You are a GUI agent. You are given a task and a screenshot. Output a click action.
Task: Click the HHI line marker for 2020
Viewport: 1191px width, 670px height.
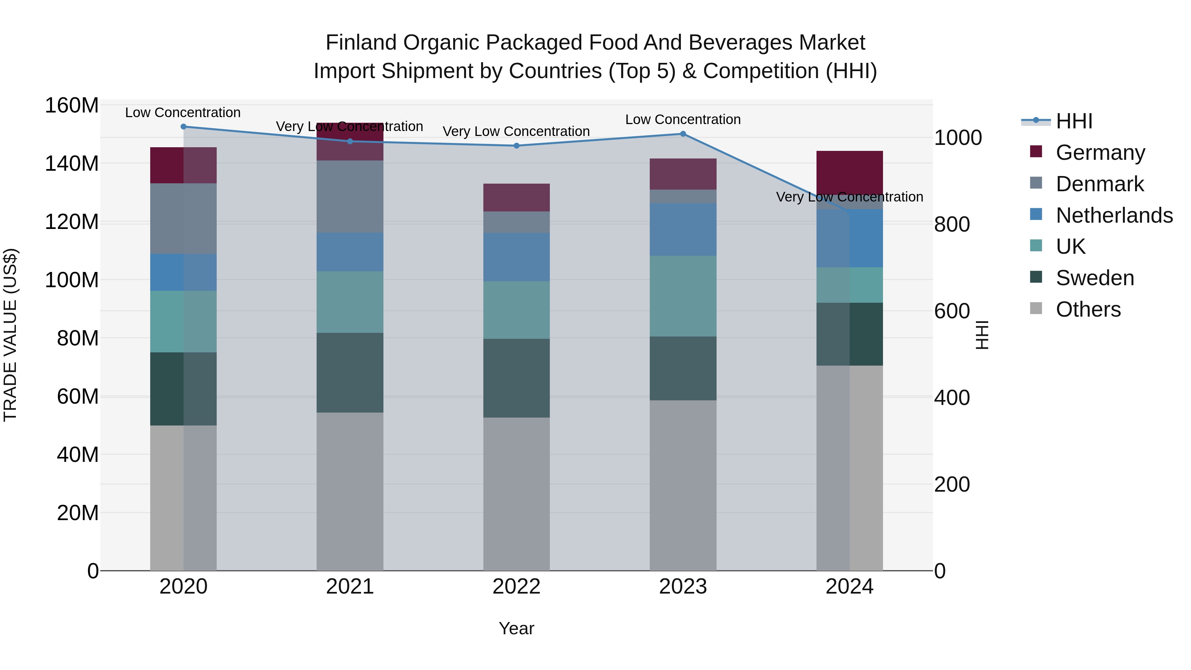coord(184,126)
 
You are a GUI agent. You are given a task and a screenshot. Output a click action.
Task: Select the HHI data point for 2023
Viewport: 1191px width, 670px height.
coord(683,134)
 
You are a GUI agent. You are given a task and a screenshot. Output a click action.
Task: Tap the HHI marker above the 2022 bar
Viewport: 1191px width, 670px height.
coord(516,146)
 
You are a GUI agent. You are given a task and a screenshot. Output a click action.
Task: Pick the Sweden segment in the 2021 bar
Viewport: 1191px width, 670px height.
coord(350,372)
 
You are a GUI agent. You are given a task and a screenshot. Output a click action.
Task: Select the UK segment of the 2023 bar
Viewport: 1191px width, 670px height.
coord(683,296)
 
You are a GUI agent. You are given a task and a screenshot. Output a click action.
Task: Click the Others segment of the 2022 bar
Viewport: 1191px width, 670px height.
coord(516,494)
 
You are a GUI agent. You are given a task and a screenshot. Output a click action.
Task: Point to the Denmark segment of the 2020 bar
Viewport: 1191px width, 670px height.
coord(184,218)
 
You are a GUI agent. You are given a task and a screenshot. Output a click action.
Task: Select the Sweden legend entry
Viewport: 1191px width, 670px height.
coord(1094,278)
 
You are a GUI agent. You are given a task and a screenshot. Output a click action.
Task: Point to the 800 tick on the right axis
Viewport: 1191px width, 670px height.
coord(951,225)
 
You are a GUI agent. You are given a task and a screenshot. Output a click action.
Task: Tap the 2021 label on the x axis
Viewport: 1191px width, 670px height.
coord(350,587)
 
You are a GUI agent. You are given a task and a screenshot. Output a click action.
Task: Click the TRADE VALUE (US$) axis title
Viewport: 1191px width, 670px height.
coord(10,335)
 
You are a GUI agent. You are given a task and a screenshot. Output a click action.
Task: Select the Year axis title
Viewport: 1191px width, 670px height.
coord(516,628)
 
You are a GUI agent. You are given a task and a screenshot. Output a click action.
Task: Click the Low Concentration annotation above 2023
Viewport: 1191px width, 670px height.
coord(683,119)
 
